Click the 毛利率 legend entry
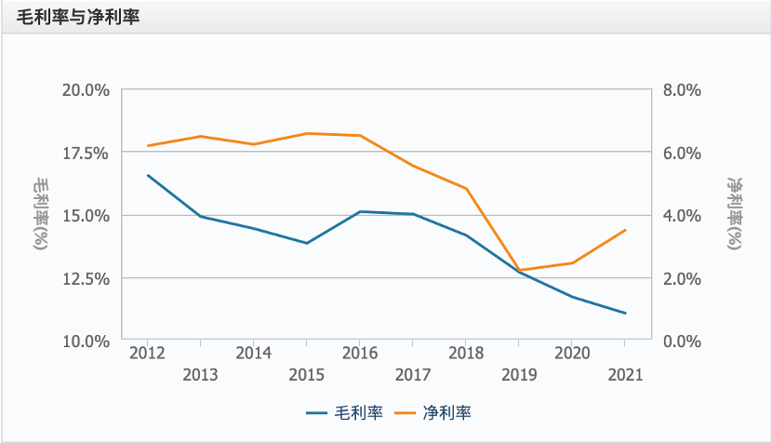tap(345, 411)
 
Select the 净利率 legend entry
tap(435, 411)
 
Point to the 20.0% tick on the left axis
tap(86, 90)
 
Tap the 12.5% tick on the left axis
tap(86, 278)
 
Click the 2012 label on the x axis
tap(147, 354)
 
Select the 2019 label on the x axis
tap(519, 375)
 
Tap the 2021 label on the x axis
tap(625, 375)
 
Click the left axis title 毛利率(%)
tap(41, 215)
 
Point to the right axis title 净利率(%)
tap(734, 215)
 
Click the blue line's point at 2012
tap(148, 175)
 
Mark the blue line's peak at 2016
tap(360, 211)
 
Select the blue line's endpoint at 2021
tap(625, 314)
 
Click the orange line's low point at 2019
tap(519, 271)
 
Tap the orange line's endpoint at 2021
tap(625, 230)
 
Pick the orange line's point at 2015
tap(307, 133)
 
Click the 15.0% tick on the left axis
tap(86, 215)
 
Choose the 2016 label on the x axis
tap(359, 354)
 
